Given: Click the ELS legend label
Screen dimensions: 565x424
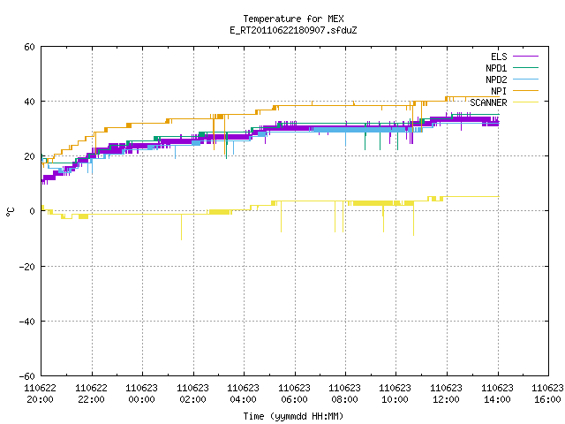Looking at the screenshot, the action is click(499, 57).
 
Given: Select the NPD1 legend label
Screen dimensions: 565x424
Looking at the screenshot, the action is click(496, 68).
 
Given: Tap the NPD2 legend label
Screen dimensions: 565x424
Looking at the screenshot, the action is click(496, 79).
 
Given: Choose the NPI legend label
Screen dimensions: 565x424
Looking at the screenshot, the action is click(499, 91).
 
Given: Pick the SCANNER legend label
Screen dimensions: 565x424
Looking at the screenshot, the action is click(488, 102).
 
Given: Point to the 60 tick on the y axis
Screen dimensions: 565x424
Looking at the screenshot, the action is click(29, 47).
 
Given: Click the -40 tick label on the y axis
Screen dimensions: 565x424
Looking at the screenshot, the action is click(27, 322).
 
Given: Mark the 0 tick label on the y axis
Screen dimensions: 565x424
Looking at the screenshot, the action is click(33, 211).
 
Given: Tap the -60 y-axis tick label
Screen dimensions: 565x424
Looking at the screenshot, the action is click(27, 376).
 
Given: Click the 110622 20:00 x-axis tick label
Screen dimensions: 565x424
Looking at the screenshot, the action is click(41, 394).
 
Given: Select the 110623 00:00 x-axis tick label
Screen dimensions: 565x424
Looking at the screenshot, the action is click(141, 394).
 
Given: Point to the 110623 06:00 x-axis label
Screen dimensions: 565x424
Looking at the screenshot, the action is click(294, 394).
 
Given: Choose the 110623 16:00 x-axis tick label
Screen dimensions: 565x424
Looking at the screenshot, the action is click(547, 394).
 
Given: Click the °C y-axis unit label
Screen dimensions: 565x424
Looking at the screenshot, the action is click(10, 212).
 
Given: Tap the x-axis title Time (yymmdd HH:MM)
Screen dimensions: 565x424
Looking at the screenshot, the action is click(293, 416).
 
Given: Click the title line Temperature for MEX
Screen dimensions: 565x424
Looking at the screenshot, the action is click(293, 19).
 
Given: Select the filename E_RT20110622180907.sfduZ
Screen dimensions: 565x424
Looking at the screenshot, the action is click(293, 30).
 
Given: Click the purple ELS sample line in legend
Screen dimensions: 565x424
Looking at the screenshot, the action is click(525, 57).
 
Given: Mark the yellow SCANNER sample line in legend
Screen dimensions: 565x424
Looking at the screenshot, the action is click(525, 102).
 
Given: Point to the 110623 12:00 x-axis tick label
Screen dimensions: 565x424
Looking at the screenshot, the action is click(446, 394).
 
